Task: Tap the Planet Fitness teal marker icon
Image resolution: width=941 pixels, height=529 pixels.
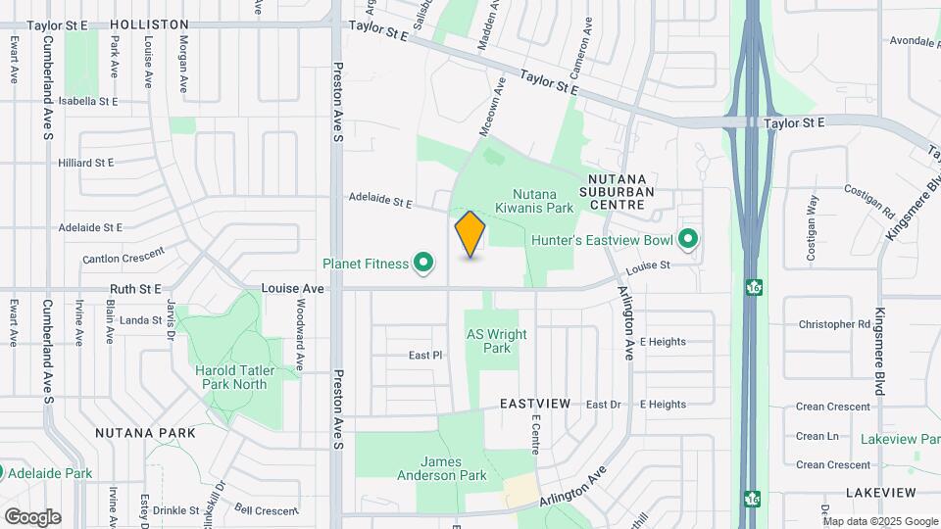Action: point(423,263)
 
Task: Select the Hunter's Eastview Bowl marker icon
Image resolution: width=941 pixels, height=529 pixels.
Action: point(688,239)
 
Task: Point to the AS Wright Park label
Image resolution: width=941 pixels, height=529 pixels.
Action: point(496,341)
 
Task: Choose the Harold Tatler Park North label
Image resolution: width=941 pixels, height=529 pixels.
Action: point(231,377)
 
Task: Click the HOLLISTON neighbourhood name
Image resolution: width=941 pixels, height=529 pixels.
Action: point(149,24)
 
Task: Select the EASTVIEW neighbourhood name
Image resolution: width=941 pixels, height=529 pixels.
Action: point(534,404)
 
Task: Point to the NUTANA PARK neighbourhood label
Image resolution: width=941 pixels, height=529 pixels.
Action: point(145,432)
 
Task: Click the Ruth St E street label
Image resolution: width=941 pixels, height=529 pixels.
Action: point(135,289)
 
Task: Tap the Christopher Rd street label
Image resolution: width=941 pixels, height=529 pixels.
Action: point(834,324)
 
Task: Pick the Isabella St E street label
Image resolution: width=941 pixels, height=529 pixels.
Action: point(88,101)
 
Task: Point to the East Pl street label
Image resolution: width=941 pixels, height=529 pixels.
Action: point(426,356)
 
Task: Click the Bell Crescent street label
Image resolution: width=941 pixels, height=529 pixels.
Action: point(266,510)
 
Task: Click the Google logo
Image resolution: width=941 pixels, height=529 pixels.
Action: point(32,516)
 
